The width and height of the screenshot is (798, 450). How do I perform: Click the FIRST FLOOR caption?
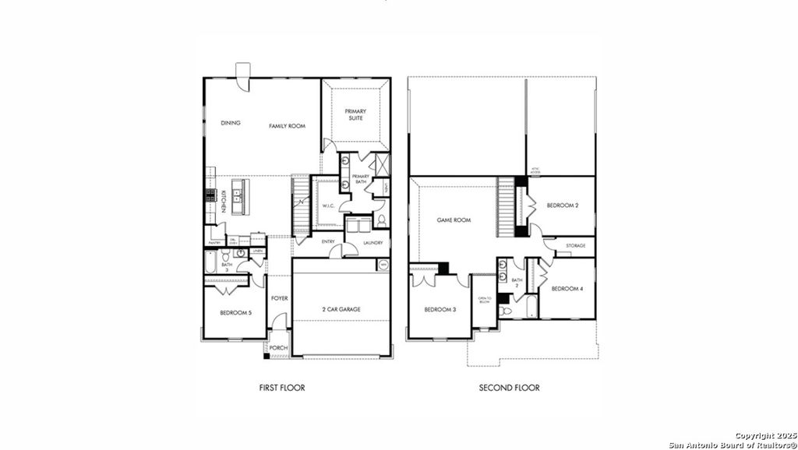click(x=281, y=387)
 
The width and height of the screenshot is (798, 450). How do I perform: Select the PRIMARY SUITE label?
click(x=355, y=114)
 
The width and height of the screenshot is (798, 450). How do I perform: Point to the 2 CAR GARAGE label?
click(x=340, y=309)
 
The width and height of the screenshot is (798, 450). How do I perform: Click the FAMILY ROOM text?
click(x=287, y=125)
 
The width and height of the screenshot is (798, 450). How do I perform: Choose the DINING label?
click(x=230, y=122)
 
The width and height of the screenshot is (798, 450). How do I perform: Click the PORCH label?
click(x=278, y=348)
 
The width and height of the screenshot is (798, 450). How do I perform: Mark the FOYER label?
click(x=279, y=298)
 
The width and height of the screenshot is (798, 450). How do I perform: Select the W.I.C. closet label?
click(x=328, y=206)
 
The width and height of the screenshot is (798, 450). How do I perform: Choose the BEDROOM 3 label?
click(x=439, y=309)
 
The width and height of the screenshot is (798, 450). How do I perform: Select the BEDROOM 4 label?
click(x=567, y=289)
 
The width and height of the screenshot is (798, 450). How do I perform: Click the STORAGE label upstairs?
click(x=576, y=246)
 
